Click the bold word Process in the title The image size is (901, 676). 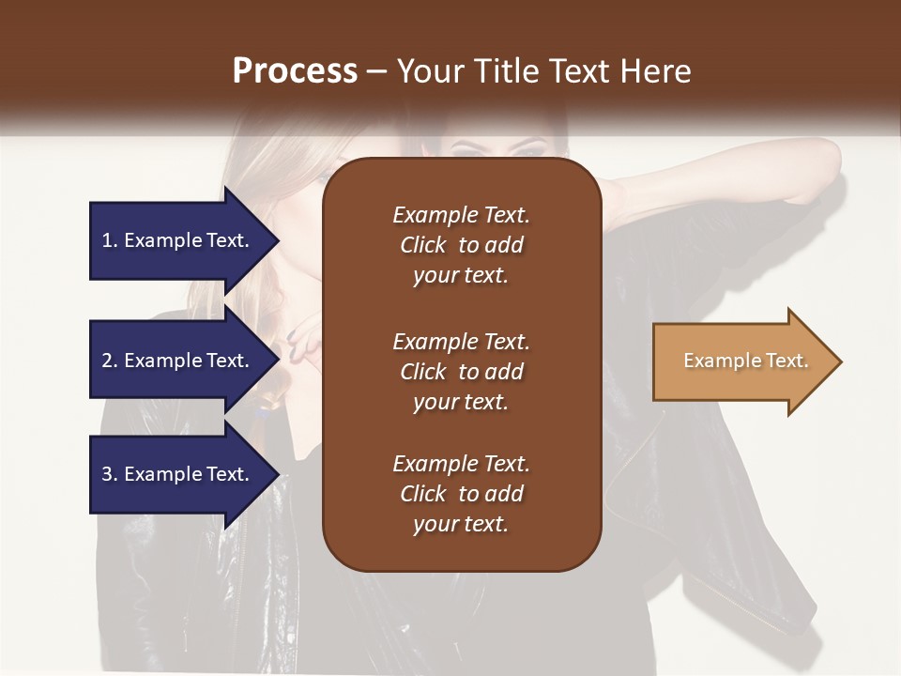(x=295, y=71)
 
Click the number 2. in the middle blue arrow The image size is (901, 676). (x=110, y=361)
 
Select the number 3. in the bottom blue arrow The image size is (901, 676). (x=110, y=474)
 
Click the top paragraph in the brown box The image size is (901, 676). (x=461, y=245)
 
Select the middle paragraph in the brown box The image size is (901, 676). (x=461, y=372)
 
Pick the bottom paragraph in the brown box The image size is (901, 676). (x=461, y=494)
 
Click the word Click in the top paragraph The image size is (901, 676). (x=422, y=245)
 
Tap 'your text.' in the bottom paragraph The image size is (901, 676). (x=461, y=525)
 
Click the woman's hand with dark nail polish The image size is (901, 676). (x=305, y=343)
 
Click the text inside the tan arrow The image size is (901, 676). (x=745, y=361)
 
